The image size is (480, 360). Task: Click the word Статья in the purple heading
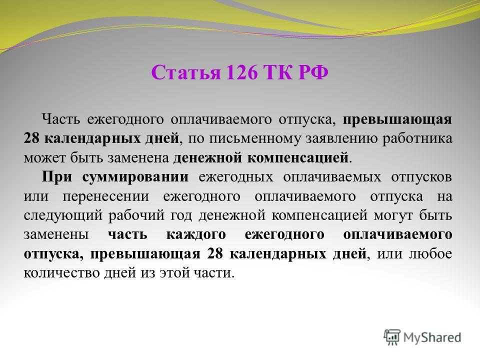tap(186, 72)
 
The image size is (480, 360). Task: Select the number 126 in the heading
tap(242, 72)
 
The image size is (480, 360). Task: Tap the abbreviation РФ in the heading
tap(313, 72)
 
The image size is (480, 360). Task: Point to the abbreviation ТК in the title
tap(278, 72)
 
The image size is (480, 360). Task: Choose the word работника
tap(417, 138)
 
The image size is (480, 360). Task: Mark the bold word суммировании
tap(135, 177)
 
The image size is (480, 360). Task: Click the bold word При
tap(56, 176)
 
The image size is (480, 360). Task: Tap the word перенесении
tap(106, 196)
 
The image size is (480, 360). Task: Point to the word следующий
tap(63, 215)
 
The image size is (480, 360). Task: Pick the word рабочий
tap(136, 215)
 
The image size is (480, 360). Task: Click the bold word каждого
tap(196, 235)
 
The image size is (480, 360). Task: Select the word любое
tap(430, 254)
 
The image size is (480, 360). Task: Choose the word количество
tap(60, 273)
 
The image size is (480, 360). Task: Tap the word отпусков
tap(421, 177)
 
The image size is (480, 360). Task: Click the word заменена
tap(138, 158)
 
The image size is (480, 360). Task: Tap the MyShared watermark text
tap(432, 337)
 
